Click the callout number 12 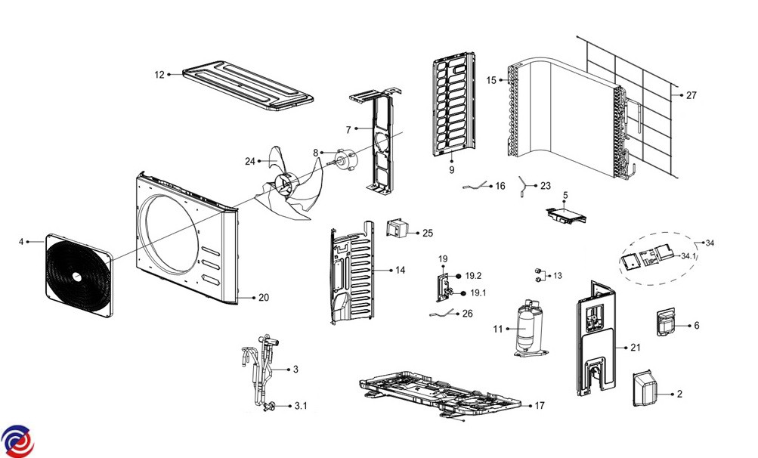click(159, 74)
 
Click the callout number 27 click(691, 95)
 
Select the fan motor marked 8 click(348, 158)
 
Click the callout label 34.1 click(688, 256)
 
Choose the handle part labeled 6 click(664, 323)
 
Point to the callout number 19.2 click(474, 277)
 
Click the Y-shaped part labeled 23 click(522, 184)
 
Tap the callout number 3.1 click(301, 406)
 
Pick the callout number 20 click(263, 298)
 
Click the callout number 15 click(491, 80)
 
